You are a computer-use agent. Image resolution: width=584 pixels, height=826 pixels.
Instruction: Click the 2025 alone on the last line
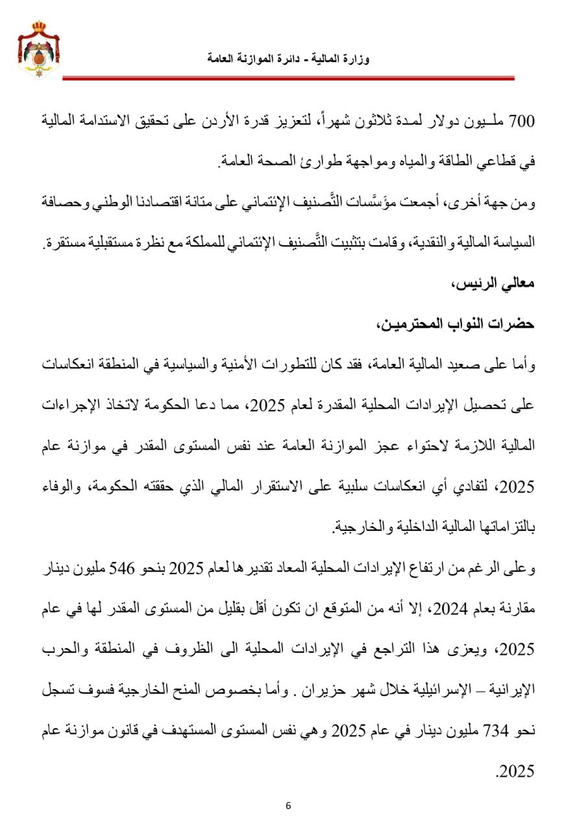516,771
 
